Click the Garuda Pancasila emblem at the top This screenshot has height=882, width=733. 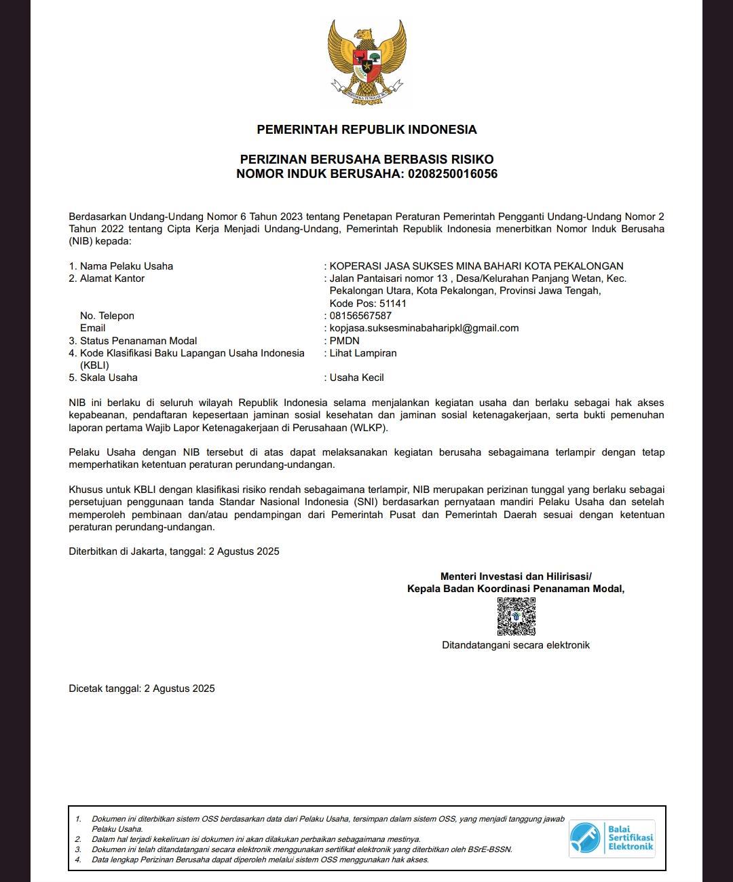(x=366, y=62)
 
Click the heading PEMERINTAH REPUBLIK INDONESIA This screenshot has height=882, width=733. (x=366, y=130)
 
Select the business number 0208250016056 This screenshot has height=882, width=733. (x=453, y=174)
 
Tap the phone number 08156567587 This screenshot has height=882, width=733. (x=360, y=316)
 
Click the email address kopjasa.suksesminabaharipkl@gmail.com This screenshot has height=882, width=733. (x=424, y=328)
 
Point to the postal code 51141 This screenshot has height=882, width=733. (x=393, y=304)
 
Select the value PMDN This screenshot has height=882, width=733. (x=345, y=341)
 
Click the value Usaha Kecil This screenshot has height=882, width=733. (x=357, y=378)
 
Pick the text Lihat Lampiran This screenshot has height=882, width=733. (x=363, y=353)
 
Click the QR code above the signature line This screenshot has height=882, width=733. (x=516, y=617)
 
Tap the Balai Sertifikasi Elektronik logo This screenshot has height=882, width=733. (x=612, y=839)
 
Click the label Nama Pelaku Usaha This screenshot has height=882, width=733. (x=126, y=266)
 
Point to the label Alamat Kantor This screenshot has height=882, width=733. (x=112, y=278)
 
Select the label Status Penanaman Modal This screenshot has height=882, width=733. (x=138, y=341)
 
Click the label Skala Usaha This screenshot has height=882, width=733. (x=109, y=378)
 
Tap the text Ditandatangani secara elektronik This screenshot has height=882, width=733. (x=516, y=645)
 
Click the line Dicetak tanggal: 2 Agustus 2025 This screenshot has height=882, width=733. (x=142, y=688)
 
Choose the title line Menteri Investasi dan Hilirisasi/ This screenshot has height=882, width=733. (x=516, y=576)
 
